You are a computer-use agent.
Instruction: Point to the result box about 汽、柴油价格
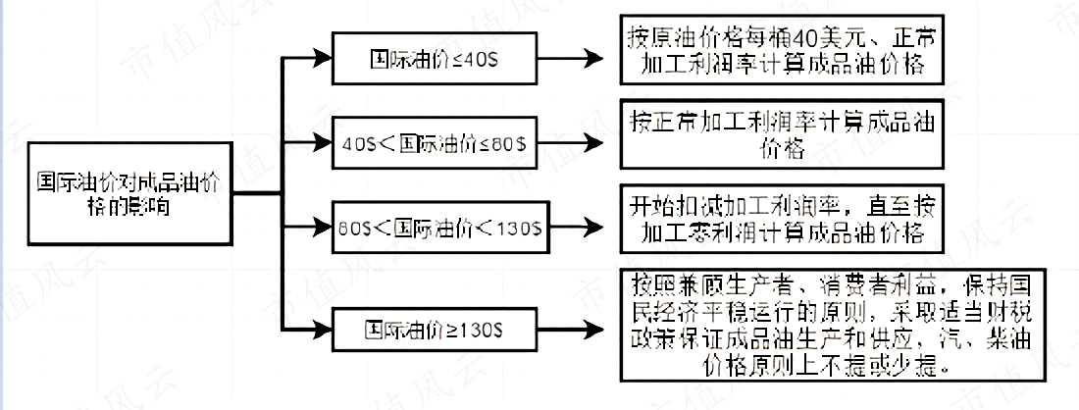click(779, 324)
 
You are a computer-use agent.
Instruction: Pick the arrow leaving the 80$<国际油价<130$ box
click(579, 227)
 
